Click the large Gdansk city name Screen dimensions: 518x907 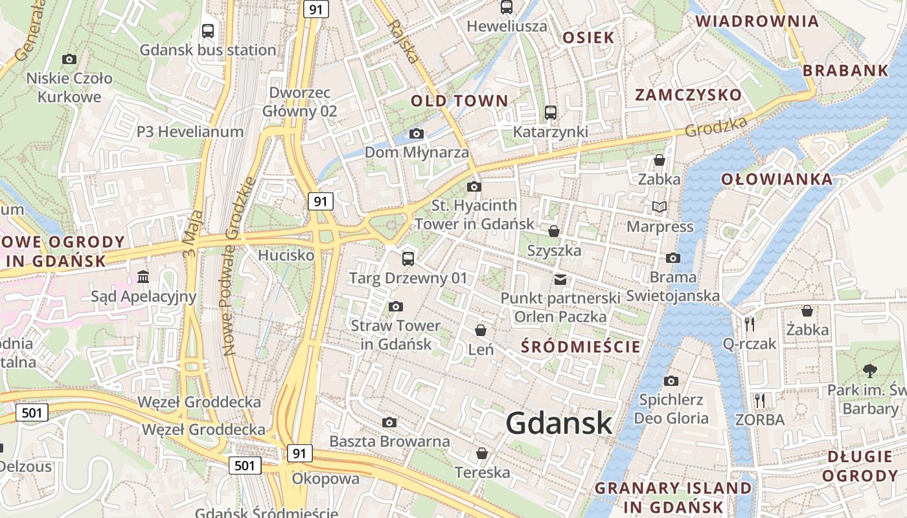coord(558,423)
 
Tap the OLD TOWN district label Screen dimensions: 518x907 coord(459,101)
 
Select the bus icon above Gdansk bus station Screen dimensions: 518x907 coord(208,30)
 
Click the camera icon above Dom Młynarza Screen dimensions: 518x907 coord(417,134)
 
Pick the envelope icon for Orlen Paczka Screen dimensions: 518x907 coord(560,280)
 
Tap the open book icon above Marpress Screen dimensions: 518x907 coord(660,207)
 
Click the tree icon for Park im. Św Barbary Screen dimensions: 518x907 coord(869,371)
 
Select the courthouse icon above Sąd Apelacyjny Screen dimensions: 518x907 coord(143,278)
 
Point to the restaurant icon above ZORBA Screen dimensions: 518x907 coord(760,401)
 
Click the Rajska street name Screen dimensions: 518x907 coord(402,42)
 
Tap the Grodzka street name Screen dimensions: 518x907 coord(716,126)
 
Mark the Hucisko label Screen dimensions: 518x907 coord(286,256)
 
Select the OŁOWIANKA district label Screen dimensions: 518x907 coord(777,179)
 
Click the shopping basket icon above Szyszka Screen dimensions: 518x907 coord(554,231)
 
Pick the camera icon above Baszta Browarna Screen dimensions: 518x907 coord(389,423)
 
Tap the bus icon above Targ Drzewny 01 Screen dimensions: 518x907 coord(408,259)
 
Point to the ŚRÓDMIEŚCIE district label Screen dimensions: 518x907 coord(580,347)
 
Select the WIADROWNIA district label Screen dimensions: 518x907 coord(757,21)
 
